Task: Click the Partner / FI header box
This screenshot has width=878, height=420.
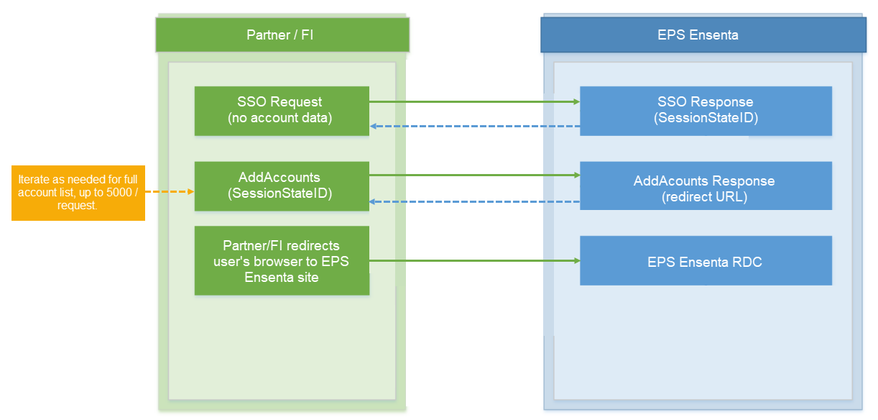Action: tap(282, 35)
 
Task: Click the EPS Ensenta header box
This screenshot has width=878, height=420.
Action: tap(703, 35)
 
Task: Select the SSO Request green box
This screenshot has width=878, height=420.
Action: tap(281, 111)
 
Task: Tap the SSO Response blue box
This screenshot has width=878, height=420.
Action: tap(706, 111)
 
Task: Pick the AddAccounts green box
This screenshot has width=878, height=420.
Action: tap(281, 186)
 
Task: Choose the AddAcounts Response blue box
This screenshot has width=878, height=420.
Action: tap(706, 186)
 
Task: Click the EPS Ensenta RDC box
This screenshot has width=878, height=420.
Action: tap(706, 262)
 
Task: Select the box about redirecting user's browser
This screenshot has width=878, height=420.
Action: tap(281, 260)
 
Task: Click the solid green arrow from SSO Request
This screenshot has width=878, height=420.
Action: tap(474, 102)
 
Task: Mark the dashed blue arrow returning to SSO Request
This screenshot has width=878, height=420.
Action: tap(474, 127)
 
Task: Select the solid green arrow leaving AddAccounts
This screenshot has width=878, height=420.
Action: tap(474, 175)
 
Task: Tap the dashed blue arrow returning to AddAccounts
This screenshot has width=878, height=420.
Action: tap(474, 202)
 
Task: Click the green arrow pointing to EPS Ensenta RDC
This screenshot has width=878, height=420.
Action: tap(474, 261)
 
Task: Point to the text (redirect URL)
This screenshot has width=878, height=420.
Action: tap(704, 196)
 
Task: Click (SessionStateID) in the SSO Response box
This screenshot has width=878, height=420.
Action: tap(706, 117)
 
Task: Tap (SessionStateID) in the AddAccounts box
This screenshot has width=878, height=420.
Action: tap(280, 193)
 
